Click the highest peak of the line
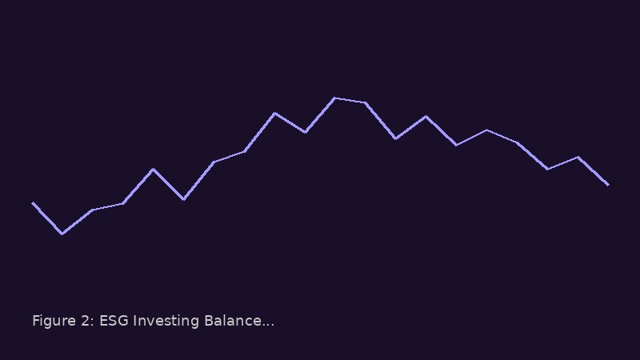[x=334, y=98]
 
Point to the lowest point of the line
[x=62, y=234]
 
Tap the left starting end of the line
[x=33, y=203]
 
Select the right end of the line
[x=608, y=185]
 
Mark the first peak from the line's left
[x=153, y=169]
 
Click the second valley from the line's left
[x=184, y=199]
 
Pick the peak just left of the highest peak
[x=274, y=113]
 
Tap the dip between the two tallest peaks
[x=306, y=132]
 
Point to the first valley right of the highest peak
[x=395, y=138]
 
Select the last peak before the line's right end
[x=578, y=157]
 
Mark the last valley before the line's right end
[x=547, y=169]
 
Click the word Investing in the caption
[x=166, y=321]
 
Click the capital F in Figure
[x=35, y=321]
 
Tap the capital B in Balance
[x=208, y=321]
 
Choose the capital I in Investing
[x=135, y=321]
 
